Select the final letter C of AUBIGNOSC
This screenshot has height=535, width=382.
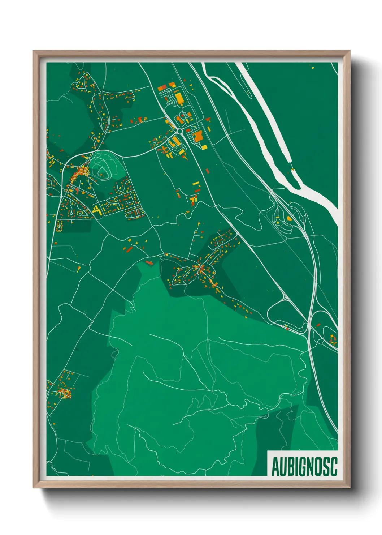[334, 467]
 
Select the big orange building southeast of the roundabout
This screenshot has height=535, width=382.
[197, 137]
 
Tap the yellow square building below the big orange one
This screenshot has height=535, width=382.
[204, 147]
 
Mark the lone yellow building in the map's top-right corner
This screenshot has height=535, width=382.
[313, 67]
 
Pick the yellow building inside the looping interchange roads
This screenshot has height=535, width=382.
[289, 218]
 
